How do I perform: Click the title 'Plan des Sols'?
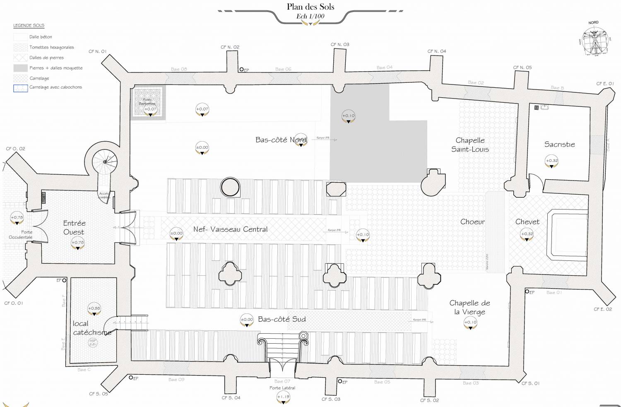tap(310, 7)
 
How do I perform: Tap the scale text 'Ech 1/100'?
tap(310, 17)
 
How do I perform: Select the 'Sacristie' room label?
tap(559, 144)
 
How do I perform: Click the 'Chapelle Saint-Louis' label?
tap(470, 145)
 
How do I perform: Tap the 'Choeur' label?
tap(472, 222)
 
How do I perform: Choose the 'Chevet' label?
tap(527, 222)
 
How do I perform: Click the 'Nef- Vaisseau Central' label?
tap(230, 229)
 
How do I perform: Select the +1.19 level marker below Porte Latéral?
tap(283, 397)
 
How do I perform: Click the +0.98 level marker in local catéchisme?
tap(94, 309)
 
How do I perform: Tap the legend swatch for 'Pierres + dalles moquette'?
tap(20, 68)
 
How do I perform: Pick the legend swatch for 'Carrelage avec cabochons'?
tap(20, 88)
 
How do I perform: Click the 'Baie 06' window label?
tap(283, 69)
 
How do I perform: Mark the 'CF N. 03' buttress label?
tap(340, 44)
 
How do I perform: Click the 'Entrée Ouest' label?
tap(74, 228)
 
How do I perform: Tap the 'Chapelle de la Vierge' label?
tap(470, 307)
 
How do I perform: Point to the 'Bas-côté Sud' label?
tap(282, 319)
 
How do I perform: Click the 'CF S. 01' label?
tap(530, 383)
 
